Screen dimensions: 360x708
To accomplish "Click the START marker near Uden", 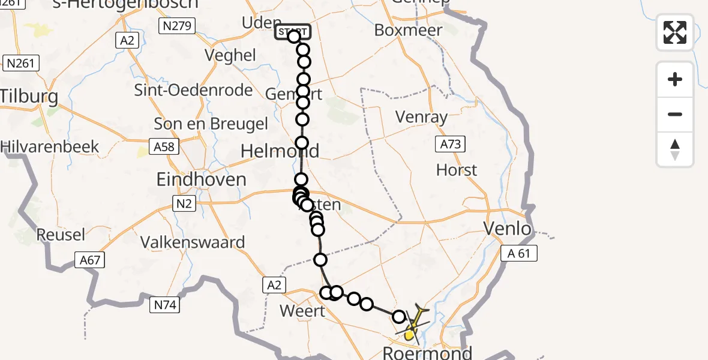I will point(293,32).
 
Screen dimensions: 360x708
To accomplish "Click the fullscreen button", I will point(675,32).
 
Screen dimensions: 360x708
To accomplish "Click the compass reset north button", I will point(675,149).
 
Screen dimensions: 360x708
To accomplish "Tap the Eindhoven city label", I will point(201,179).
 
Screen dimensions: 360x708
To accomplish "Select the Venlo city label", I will point(508,229).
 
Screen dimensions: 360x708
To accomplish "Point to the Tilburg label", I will point(29,97).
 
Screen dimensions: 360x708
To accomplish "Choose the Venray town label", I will point(422,117).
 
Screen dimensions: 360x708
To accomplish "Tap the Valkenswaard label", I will point(193,242).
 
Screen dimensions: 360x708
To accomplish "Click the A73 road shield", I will point(449,143).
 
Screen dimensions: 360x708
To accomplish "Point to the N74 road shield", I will point(165,305).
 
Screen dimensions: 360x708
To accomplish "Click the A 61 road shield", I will point(519,254).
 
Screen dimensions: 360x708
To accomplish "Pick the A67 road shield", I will point(89,260).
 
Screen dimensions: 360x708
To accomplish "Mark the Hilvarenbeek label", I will point(50,146).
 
